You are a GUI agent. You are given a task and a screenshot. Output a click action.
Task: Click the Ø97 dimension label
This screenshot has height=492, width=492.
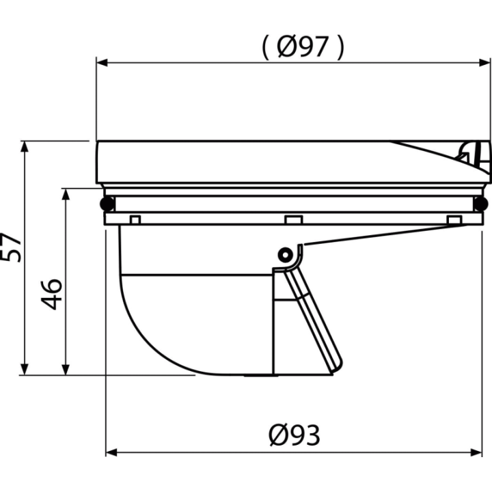click(x=303, y=47)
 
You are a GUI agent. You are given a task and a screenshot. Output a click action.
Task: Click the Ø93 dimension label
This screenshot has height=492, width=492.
click(x=295, y=435)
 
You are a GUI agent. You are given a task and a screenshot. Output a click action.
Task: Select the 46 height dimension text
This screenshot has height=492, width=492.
click(x=52, y=294)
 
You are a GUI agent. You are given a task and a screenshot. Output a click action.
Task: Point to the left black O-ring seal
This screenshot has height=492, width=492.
click(x=107, y=204)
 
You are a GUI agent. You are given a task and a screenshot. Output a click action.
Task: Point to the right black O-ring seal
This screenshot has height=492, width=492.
click(x=480, y=204)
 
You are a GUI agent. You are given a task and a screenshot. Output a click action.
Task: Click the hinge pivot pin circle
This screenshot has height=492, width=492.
click(x=285, y=255)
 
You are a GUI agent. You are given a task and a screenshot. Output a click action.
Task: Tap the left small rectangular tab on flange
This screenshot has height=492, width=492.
click(x=135, y=219)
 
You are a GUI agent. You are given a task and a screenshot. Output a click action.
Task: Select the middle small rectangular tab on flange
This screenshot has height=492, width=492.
click(x=294, y=219)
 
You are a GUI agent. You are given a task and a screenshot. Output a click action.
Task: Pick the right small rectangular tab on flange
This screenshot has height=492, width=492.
click(x=454, y=219)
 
